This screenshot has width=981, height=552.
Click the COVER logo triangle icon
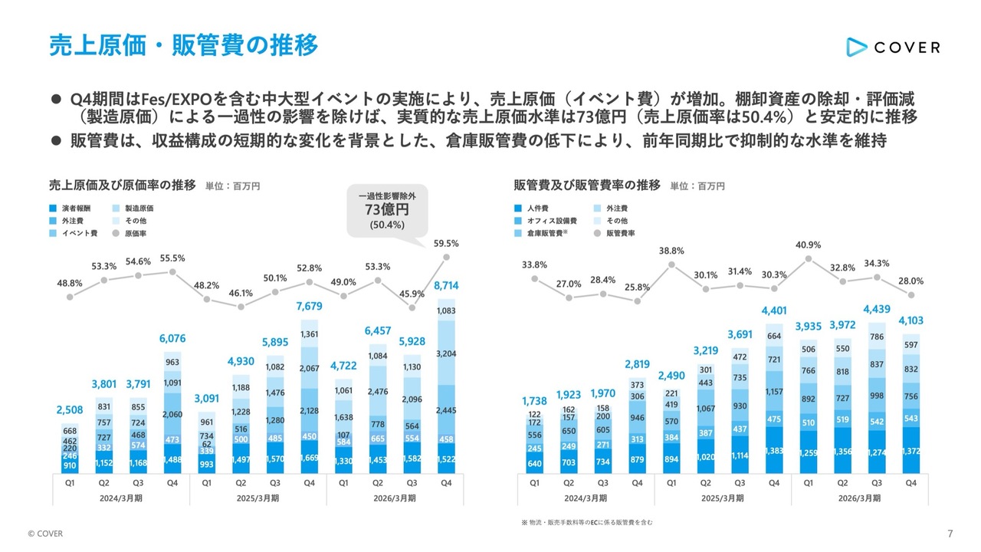pyautogui.click(x=856, y=48)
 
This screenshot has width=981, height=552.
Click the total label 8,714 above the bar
pyautogui.click(x=446, y=286)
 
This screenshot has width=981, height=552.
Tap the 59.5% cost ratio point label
pyautogui.click(x=446, y=244)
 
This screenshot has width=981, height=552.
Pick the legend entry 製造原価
pyautogui.click(x=133, y=209)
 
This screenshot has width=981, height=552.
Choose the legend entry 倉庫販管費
pyautogui.click(x=541, y=234)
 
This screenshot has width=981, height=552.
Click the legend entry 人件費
pyautogui.click(x=531, y=209)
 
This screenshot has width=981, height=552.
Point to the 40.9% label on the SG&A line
pyautogui.click(x=808, y=245)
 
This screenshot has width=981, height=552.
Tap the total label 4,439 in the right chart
pyautogui.click(x=876, y=309)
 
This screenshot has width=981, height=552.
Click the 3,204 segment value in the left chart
pyautogui.click(x=446, y=353)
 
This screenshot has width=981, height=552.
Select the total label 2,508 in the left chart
pyautogui.click(x=70, y=410)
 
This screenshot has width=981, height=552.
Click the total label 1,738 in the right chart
pyautogui.click(x=534, y=401)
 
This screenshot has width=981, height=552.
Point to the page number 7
pyautogui.click(x=950, y=534)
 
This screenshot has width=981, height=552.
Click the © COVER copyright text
pyautogui.click(x=45, y=534)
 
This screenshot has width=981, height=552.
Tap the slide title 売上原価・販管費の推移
pyautogui.click(x=183, y=45)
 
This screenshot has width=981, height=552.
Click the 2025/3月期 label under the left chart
pyautogui.click(x=258, y=498)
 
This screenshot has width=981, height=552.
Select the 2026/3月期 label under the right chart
pyautogui.click(x=859, y=498)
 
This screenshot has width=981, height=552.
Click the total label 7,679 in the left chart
pyautogui.click(x=309, y=306)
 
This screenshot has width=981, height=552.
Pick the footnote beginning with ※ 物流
pyautogui.click(x=587, y=522)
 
